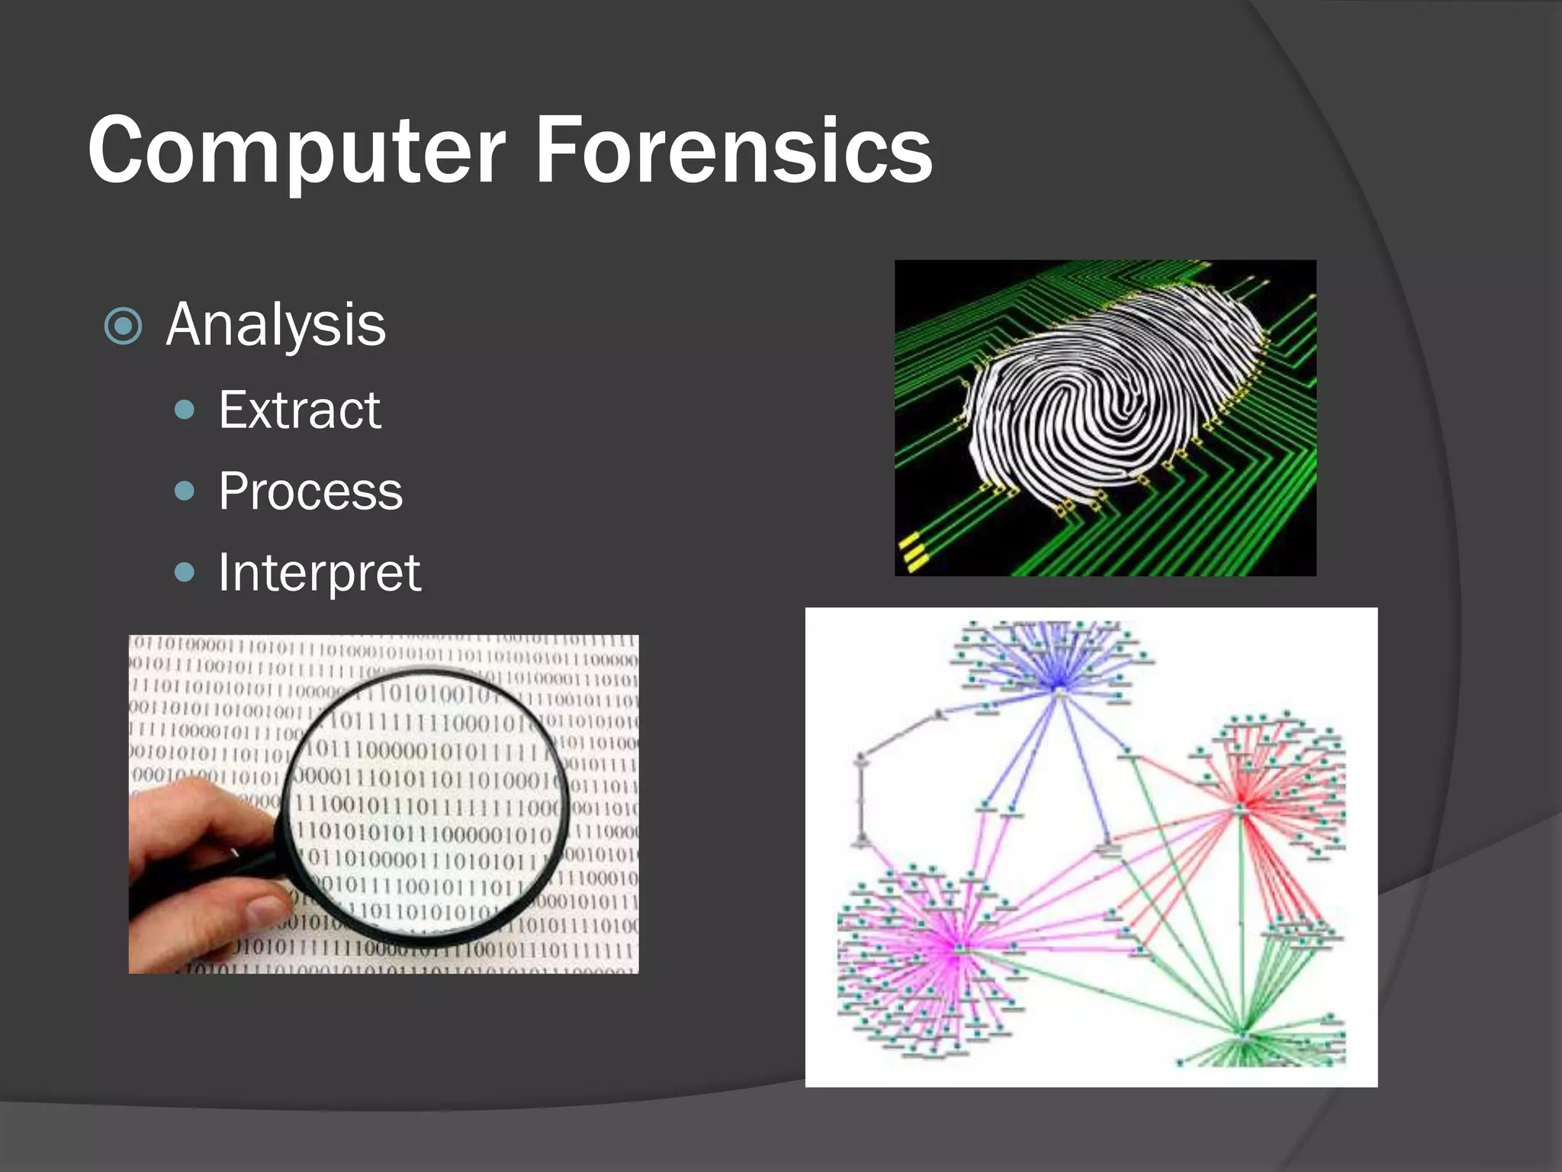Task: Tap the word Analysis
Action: pos(276,325)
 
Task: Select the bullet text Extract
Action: pos(300,411)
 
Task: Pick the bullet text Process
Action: pos(310,491)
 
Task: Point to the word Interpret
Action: pos(319,572)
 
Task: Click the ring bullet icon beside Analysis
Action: pos(123,327)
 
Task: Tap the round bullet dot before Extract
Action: pos(185,411)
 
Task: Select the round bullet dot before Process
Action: pos(185,491)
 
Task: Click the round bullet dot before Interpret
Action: pos(185,572)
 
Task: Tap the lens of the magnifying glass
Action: pos(427,801)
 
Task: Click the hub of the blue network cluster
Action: pos(1059,691)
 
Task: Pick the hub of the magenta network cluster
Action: pos(957,946)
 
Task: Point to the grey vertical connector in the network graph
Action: pos(861,801)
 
